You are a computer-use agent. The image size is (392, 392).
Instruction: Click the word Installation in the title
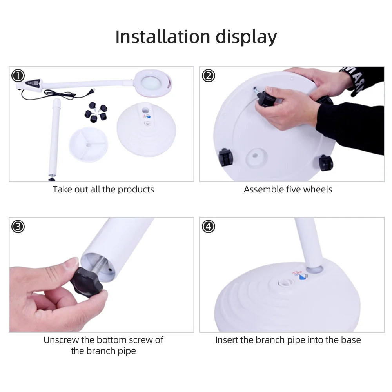coord(163,37)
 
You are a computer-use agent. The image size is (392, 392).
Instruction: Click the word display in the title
coord(246,38)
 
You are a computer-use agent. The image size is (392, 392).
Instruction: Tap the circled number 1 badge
coord(18,76)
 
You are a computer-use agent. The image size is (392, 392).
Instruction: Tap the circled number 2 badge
coord(209,76)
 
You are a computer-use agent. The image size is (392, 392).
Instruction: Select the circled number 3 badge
coord(18,227)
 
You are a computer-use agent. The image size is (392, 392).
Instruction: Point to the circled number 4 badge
coord(209,227)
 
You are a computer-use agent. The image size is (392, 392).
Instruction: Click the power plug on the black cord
coord(91,92)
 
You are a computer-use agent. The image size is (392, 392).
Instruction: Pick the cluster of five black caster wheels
coord(96,112)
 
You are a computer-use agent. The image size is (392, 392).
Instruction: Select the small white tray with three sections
coord(89,145)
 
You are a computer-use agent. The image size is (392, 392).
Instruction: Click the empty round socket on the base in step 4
coord(286,283)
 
